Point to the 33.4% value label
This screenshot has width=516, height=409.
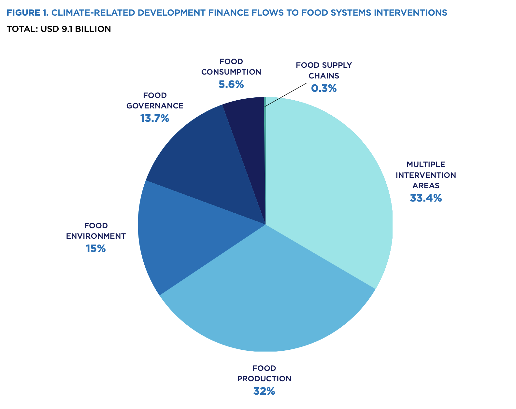[x=426, y=198]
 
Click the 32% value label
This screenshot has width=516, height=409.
[x=264, y=391]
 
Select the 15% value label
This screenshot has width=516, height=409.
[x=96, y=249]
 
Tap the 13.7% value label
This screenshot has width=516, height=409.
[x=155, y=118]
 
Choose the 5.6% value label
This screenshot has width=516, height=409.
[x=231, y=85]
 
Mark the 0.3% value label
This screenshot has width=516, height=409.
[x=324, y=88]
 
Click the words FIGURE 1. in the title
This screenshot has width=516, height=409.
[x=27, y=13]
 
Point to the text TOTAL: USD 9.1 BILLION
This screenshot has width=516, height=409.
[x=59, y=29]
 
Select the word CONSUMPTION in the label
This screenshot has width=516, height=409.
[x=231, y=72]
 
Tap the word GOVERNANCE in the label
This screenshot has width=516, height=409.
[x=155, y=106]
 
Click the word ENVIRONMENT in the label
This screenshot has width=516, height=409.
[x=96, y=236]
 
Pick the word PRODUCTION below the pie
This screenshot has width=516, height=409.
[x=264, y=379]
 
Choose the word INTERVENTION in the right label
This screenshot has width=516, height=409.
[x=426, y=175]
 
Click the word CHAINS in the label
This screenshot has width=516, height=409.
[x=324, y=76]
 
